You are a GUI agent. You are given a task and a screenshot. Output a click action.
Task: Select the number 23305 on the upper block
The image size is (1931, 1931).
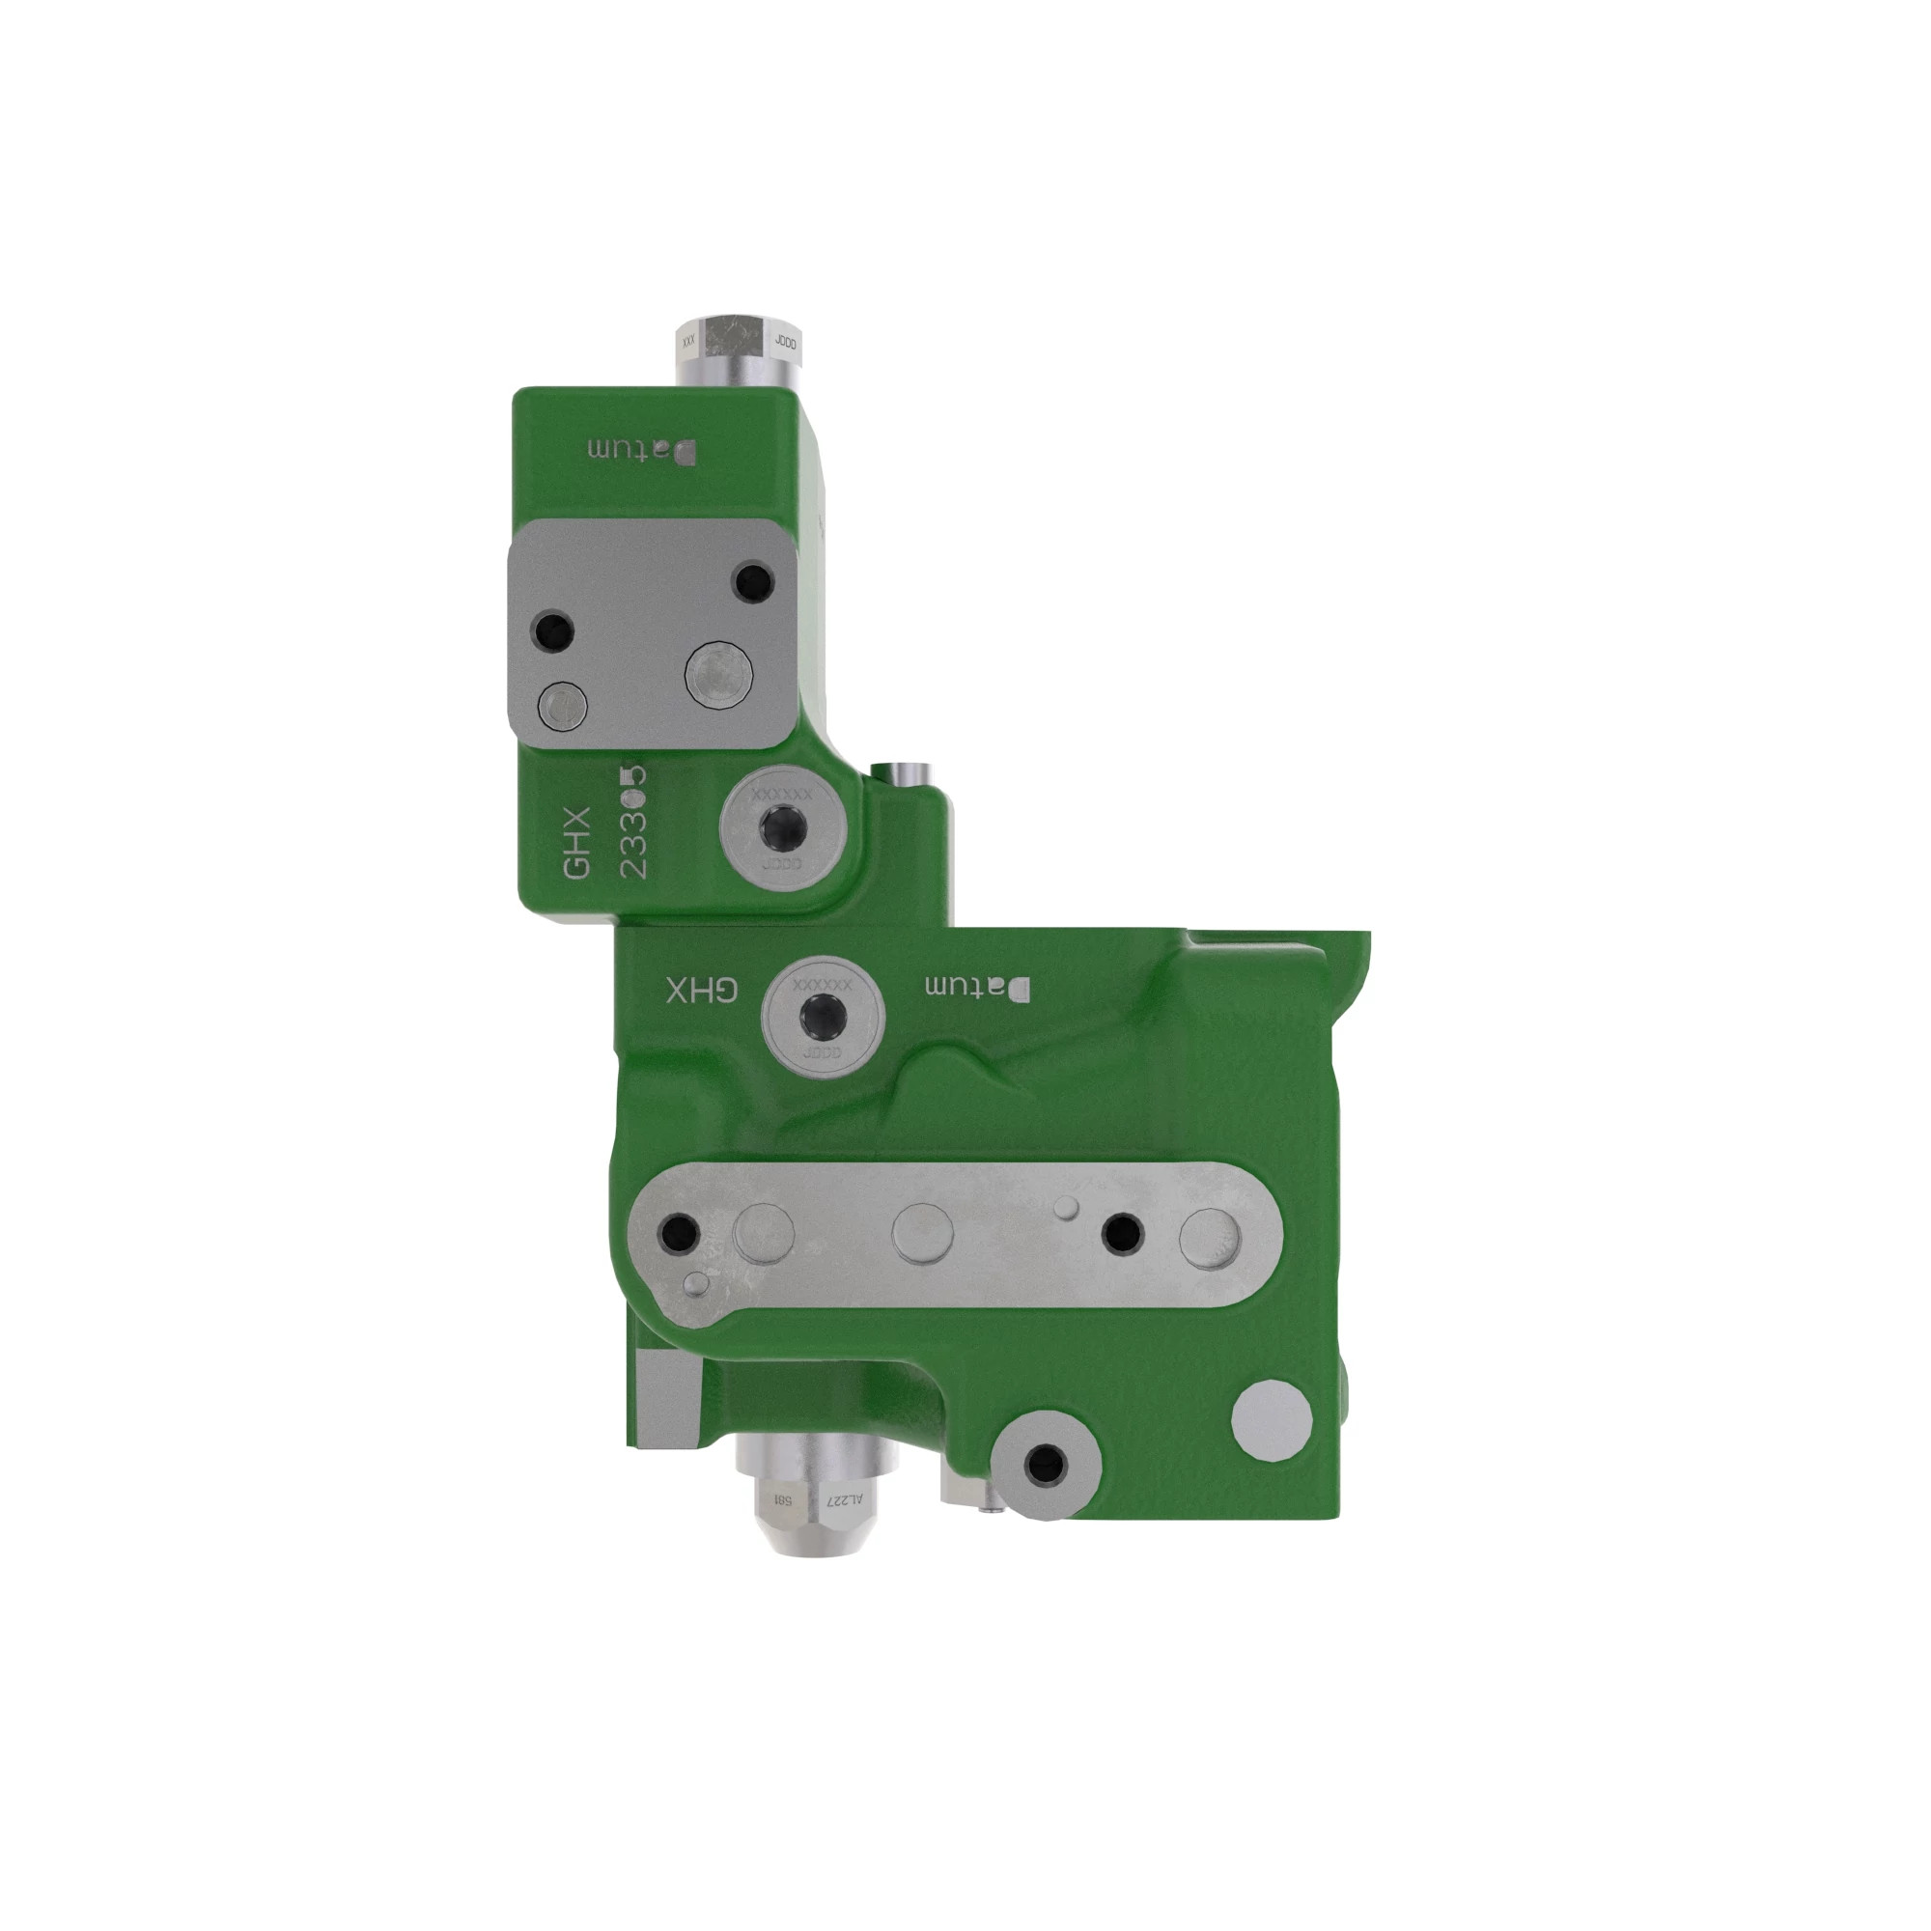coord(633,822)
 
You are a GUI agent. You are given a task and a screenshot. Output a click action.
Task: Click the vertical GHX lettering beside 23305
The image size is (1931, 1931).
coord(577,844)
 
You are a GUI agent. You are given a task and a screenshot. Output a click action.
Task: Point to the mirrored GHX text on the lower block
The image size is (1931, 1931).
coord(702,991)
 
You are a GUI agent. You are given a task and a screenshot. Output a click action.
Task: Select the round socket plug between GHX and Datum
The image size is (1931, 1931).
coord(823,1019)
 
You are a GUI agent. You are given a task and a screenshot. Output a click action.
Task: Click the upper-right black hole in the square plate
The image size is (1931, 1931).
coord(753,580)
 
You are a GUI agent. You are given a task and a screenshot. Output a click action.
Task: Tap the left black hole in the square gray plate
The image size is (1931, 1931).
coord(552,631)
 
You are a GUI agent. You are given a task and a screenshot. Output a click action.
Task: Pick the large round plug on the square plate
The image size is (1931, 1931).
coord(718,675)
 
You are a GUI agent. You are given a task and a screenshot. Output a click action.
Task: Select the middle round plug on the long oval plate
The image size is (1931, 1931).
coord(921,1232)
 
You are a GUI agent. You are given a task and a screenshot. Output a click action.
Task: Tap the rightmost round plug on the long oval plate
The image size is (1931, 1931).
coord(1210,1239)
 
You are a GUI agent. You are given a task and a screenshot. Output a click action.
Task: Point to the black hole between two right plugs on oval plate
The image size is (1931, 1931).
coord(1121,1233)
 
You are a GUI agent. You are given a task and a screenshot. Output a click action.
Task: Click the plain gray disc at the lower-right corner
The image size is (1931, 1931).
coord(1272,1420)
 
